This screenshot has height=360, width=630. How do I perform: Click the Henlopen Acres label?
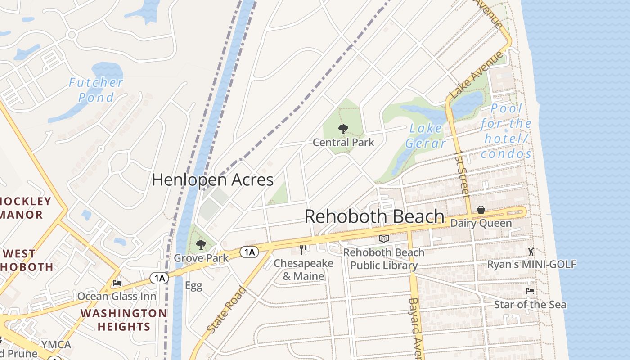212,180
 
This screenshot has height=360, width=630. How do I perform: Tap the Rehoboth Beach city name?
374,216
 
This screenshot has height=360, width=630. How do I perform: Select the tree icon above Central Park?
343,130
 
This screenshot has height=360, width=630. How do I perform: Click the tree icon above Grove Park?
201,245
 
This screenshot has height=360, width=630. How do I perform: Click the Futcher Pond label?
95,90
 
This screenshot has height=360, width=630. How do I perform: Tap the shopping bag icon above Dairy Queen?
481,210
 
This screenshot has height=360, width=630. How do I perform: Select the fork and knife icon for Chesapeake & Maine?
303,250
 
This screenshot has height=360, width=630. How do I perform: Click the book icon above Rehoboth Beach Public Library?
383,239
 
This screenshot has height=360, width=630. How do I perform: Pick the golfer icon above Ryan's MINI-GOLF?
531,251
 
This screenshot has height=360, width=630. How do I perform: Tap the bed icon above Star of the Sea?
530,291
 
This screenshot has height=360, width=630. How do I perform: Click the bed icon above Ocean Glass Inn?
117,283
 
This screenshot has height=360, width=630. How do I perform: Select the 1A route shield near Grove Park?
249,252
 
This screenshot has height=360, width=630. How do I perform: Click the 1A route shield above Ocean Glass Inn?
159,279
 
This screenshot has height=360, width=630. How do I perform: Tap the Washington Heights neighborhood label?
124,320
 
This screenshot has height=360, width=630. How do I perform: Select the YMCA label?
56,345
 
